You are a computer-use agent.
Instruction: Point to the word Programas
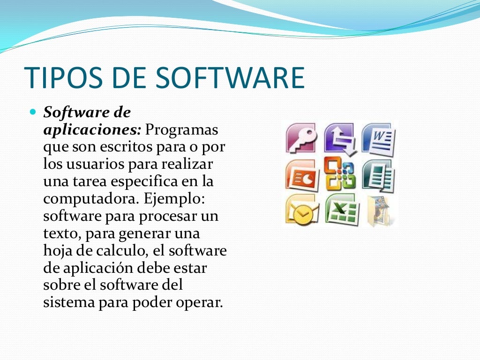pos(182,129)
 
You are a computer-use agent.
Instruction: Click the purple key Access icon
pos(301,139)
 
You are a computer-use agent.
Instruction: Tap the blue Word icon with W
pos(378,139)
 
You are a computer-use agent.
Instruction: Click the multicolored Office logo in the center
pos(340,173)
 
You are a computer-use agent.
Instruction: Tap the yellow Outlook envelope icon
pos(301,209)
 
